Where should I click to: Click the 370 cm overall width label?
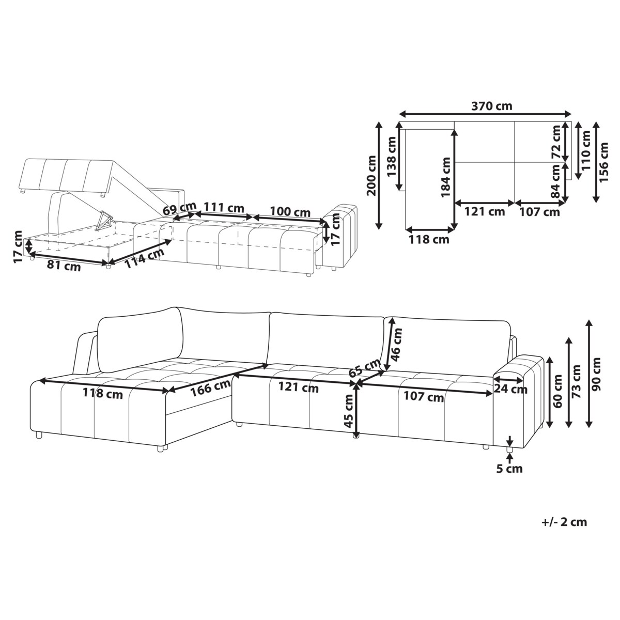[491, 106]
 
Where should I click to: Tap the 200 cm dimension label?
[370, 176]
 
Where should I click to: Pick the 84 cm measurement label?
[556, 181]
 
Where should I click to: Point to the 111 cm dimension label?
[223, 208]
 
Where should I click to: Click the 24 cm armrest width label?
[510, 390]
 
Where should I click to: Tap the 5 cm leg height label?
[510, 469]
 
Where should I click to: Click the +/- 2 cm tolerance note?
[564, 522]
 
